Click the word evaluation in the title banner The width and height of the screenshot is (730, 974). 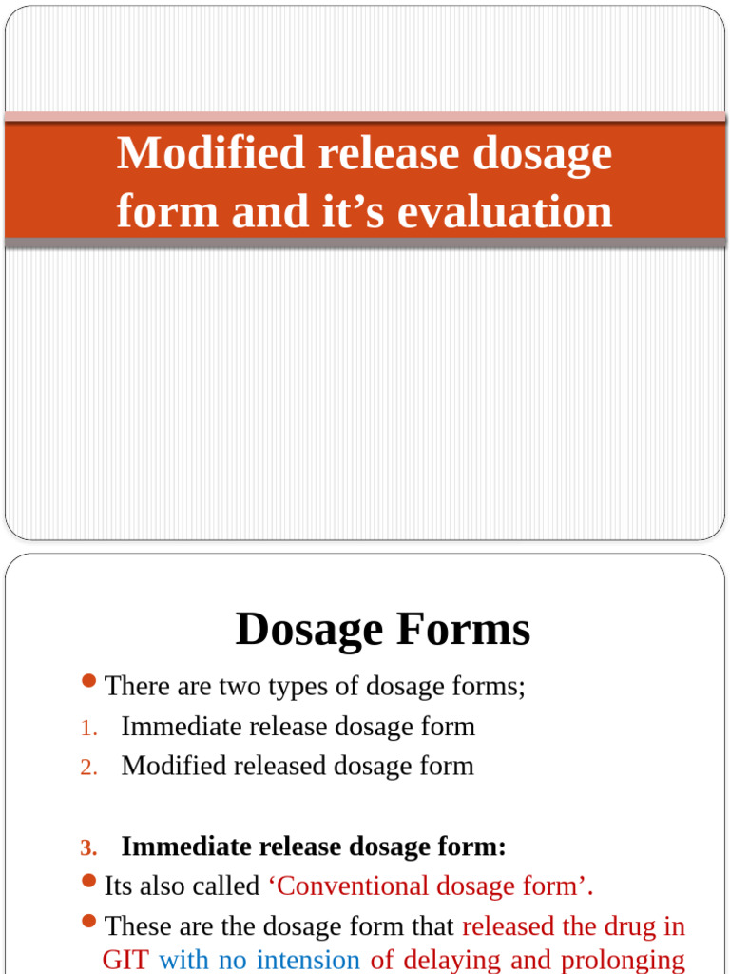505,211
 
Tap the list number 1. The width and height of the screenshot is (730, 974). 88,728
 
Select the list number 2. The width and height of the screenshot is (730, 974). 88,768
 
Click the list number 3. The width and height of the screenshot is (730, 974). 88,847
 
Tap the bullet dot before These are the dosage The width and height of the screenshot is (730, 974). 89,921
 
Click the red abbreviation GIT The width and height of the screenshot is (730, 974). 125,959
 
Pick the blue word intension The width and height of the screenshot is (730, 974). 308,959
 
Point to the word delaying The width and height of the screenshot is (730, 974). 451,960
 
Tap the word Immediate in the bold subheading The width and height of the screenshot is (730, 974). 186,847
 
